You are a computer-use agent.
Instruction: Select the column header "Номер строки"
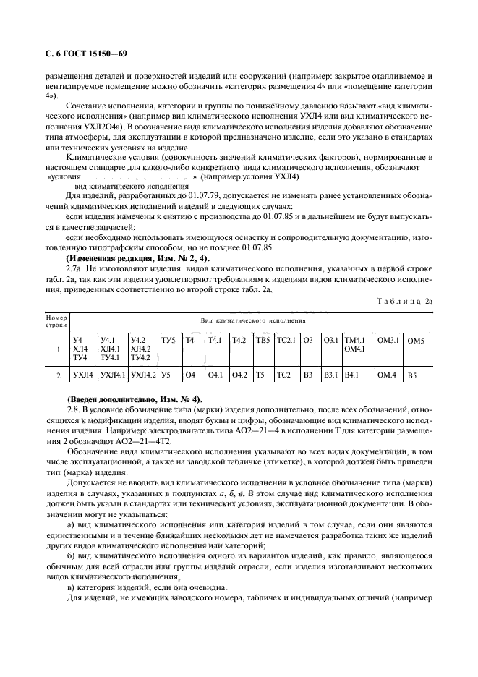pos(56,320)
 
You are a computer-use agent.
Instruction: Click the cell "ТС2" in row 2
pos(283,375)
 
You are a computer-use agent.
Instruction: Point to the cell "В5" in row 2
pos(413,376)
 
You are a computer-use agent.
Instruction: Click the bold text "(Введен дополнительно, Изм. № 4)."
pos(135,399)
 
